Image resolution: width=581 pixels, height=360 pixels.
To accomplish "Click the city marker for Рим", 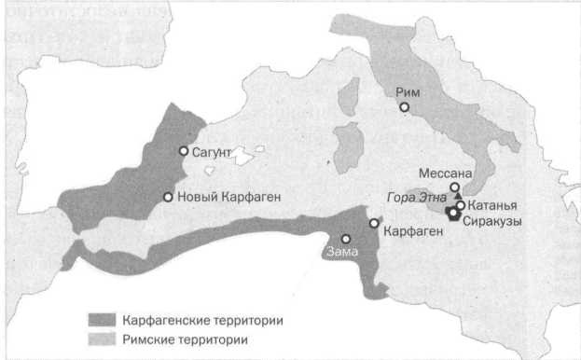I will point(404,106).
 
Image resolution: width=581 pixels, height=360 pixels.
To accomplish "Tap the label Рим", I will point(408,91).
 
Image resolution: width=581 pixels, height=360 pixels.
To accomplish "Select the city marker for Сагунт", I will point(184,151).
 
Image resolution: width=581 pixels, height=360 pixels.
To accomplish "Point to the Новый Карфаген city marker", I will point(168,197).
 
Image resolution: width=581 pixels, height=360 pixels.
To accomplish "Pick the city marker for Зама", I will point(345,238).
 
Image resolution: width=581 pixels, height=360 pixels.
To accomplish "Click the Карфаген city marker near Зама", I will point(374,224).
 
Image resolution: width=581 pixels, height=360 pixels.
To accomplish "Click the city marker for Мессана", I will point(455,187).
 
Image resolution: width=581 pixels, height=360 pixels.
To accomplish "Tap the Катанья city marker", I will point(460,204).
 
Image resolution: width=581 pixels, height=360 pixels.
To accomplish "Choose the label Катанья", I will point(491,204).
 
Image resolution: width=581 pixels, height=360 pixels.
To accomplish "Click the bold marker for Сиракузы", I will point(453,215).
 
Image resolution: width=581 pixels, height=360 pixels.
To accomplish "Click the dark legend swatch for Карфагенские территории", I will point(100,320).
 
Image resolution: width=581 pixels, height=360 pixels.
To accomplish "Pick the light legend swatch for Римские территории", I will point(100,339).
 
